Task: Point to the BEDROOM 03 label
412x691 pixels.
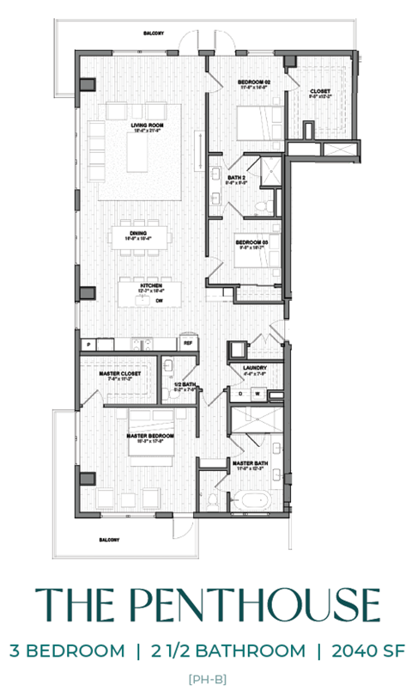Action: [253, 242]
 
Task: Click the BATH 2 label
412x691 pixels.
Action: [236, 177]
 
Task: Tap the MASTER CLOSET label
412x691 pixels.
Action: [121, 372]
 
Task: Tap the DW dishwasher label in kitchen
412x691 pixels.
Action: [159, 302]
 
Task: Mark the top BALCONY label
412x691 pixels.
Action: [154, 34]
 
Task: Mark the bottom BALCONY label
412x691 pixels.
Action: [107, 539]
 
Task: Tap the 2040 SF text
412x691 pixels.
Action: [367, 651]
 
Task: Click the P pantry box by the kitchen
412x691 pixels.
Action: [86, 344]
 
